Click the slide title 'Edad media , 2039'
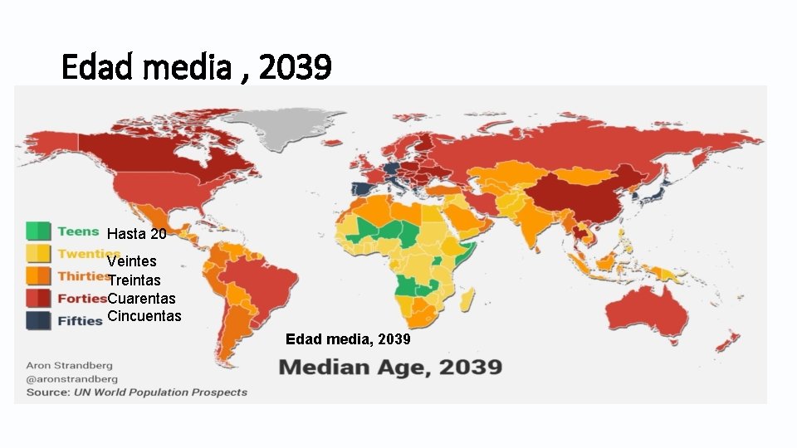(x=197, y=67)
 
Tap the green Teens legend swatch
(x=38, y=231)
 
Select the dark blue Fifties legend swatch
(x=38, y=320)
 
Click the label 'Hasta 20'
(x=137, y=234)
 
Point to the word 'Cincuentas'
(x=144, y=316)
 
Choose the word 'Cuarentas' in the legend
(x=142, y=298)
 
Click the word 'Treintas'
(x=134, y=280)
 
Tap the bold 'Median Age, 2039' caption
(x=390, y=367)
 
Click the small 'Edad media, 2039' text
(x=348, y=340)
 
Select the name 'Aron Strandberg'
(x=69, y=365)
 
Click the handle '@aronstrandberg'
(x=72, y=378)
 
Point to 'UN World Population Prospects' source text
(x=160, y=392)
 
